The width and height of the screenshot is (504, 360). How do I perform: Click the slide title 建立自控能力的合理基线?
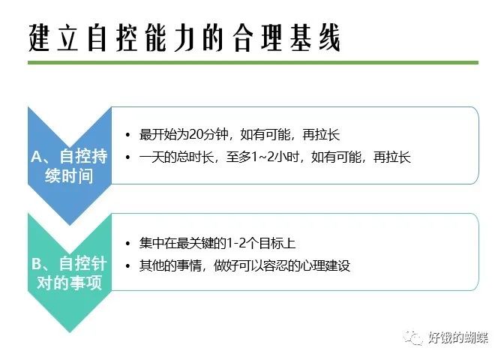point(184,38)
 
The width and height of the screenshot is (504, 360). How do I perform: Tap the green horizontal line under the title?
point(253,62)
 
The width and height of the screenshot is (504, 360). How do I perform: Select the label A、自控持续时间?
point(69,166)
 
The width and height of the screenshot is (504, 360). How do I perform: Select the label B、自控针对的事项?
point(69,273)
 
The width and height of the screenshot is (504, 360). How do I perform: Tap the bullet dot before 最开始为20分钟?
point(128,135)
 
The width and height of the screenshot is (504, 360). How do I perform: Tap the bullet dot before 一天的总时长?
point(128,157)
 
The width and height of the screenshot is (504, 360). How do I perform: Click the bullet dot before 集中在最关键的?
point(128,244)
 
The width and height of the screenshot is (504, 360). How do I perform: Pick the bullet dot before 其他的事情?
point(128,266)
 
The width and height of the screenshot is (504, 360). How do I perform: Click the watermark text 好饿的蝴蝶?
point(458,337)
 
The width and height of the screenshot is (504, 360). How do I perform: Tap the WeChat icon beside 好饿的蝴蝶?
point(413,337)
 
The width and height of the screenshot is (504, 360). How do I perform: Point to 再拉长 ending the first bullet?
point(321,134)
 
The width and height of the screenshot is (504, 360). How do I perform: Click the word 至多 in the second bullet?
point(238,157)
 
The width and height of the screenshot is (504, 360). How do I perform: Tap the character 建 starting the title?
point(39,38)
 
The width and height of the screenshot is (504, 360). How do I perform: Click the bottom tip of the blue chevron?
point(70,225)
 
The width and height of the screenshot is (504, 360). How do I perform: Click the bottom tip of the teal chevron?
point(70,331)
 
